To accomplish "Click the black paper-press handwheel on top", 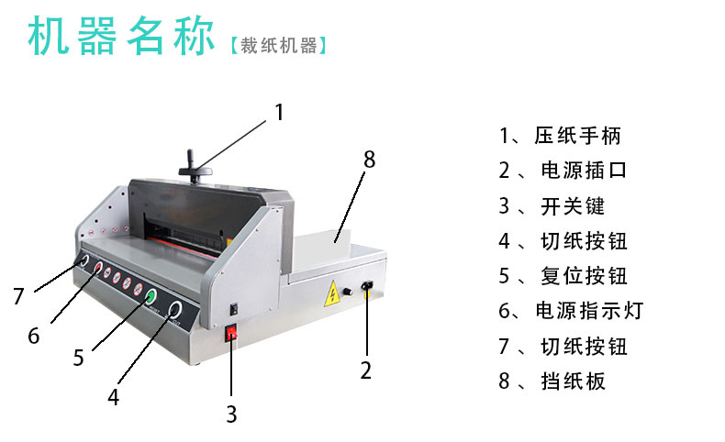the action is tap(195, 170).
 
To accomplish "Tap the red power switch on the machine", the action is tap(230, 333).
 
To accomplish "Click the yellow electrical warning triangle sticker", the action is tap(331, 293).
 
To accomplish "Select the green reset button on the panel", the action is tap(151, 296).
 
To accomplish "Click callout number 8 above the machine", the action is tap(369, 160).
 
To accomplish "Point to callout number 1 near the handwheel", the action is tap(279, 112).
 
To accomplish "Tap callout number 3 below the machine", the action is tap(231, 414).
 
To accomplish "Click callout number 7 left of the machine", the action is tap(18, 296).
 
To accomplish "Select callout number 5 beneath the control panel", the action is tap(79, 358).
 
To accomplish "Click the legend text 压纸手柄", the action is tap(577, 136).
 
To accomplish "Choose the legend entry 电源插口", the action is tap(584, 171).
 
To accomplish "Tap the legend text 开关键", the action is tap(573, 206).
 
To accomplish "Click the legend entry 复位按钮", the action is tap(584, 276).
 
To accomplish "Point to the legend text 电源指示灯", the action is tap(589, 311).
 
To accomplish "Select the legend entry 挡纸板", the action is tap(573, 381).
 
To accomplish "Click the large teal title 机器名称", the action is tap(121, 36).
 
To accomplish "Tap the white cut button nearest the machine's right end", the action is tap(174, 310).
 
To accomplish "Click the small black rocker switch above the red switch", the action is tap(234, 308).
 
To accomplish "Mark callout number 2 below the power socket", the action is tap(366, 370).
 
